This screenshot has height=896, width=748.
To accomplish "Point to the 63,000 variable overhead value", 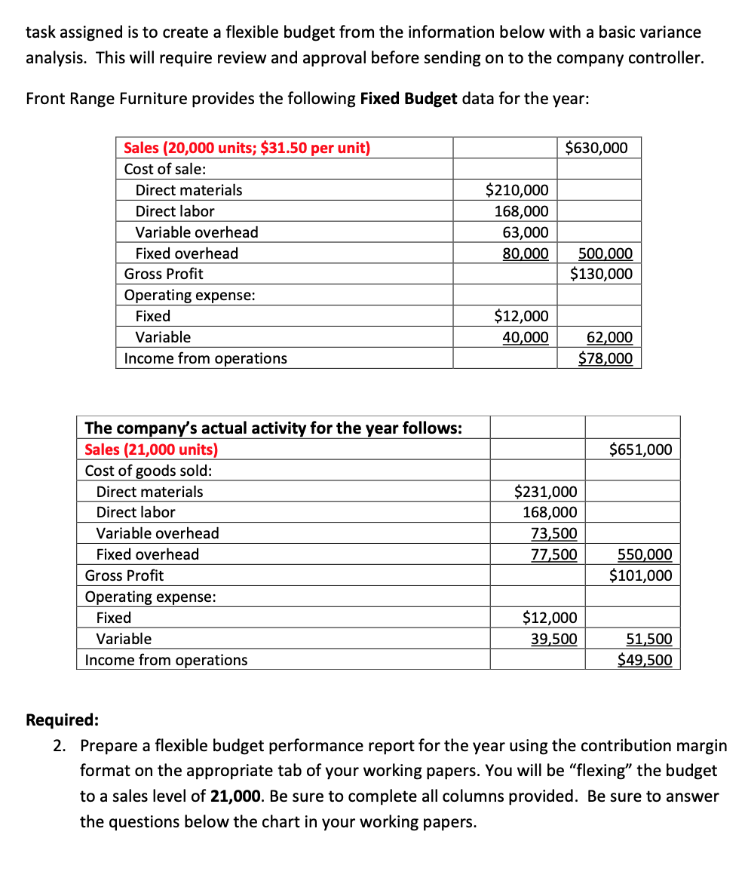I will pyautogui.click(x=526, y=232).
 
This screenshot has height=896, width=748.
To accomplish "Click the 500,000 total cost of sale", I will pyautogui.click(x=605, y=253).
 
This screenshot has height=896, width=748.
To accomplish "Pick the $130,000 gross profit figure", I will pyautogui.click(x=601, y=274).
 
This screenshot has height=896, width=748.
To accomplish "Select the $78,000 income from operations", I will pyautogui.click(x=605, y=358).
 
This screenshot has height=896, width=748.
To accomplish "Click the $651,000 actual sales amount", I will pyautogui.click(x=640, y=450).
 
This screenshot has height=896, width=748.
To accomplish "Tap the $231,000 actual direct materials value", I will pyautogui.click(x=545, y=492).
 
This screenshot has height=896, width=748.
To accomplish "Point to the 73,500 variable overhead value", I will pyautogui.click(x=554, y=533).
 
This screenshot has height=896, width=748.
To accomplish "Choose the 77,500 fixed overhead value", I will pyautogui.click(x=554, y=554).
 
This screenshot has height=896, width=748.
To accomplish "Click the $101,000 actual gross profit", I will pyautogui.click(x=640, y=575).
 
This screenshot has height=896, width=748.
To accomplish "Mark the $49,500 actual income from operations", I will pyautogui.click(x=644, y=660).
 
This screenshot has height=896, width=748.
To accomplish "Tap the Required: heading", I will pyautogui.click(x=63, y=719).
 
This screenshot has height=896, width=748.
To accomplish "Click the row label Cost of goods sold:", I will pyautogui.click(x=149, y=471).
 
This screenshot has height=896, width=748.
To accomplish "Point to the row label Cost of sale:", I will pyautogui.click(x=164, y=169).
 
